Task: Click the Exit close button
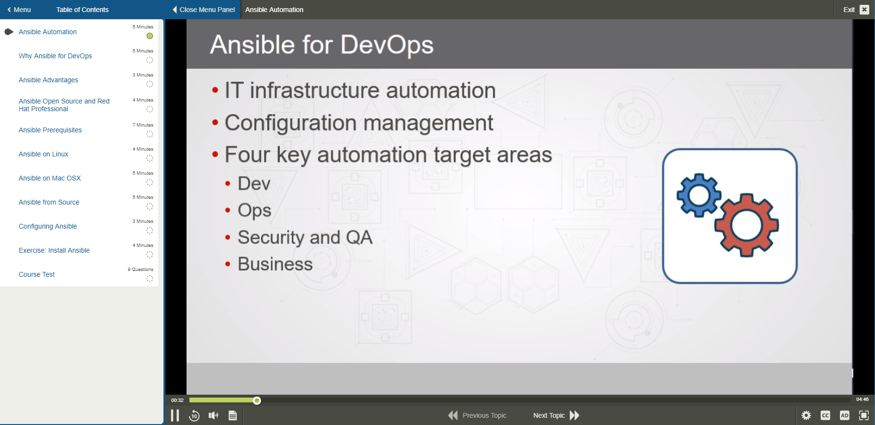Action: (x=864, y=10)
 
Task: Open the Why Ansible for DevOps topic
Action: (x=55, y=56)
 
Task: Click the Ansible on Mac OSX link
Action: (x=50, y=178)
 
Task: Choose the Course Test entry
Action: (x=37, y=274)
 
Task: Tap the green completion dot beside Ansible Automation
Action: (x=150, y=36)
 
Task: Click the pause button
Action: (x=175, y=415)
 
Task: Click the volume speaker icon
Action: (x=213, y=415)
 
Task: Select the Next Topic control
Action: (x=556, y=415)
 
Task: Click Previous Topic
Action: (x=477, y=415)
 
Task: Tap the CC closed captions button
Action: (x=825, y=415)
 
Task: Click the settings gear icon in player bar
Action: (x=806, y=415)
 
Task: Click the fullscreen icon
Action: (x=864, y=415)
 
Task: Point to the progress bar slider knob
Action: (x=257, y=400)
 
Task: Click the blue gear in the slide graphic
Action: (x=699, y=195)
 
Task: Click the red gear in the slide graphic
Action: (x=746, y=225)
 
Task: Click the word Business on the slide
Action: (x=275, y=264)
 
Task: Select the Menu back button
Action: (x=19, y=10)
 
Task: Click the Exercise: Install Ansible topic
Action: (x=54, y=250)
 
